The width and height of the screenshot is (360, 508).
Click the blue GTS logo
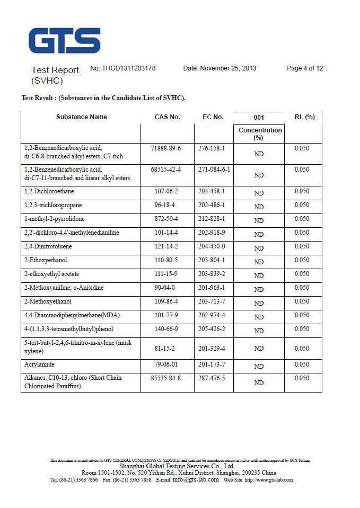64,41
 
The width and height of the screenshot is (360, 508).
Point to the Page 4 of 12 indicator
305,68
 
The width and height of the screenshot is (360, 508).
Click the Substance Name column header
81,117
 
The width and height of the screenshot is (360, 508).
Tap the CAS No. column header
167,117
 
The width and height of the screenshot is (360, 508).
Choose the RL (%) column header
304,117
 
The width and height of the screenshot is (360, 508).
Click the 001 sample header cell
259,118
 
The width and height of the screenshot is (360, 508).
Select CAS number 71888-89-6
165,148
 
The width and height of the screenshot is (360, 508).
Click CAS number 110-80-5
167,260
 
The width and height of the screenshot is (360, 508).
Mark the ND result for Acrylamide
259,366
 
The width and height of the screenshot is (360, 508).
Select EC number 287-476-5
212,378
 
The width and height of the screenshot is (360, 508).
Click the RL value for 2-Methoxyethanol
302,301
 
